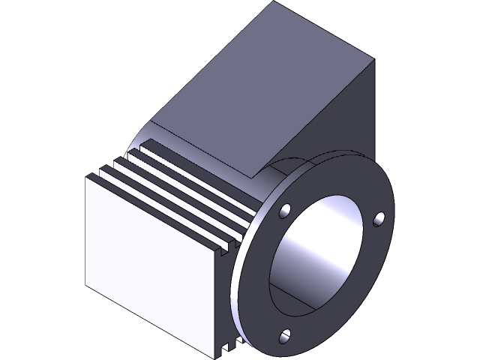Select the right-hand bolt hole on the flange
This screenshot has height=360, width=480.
pyautogui.click(x=379, y=218)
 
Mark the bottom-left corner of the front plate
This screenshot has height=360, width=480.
pyautogui.click(x=88, y=286)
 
